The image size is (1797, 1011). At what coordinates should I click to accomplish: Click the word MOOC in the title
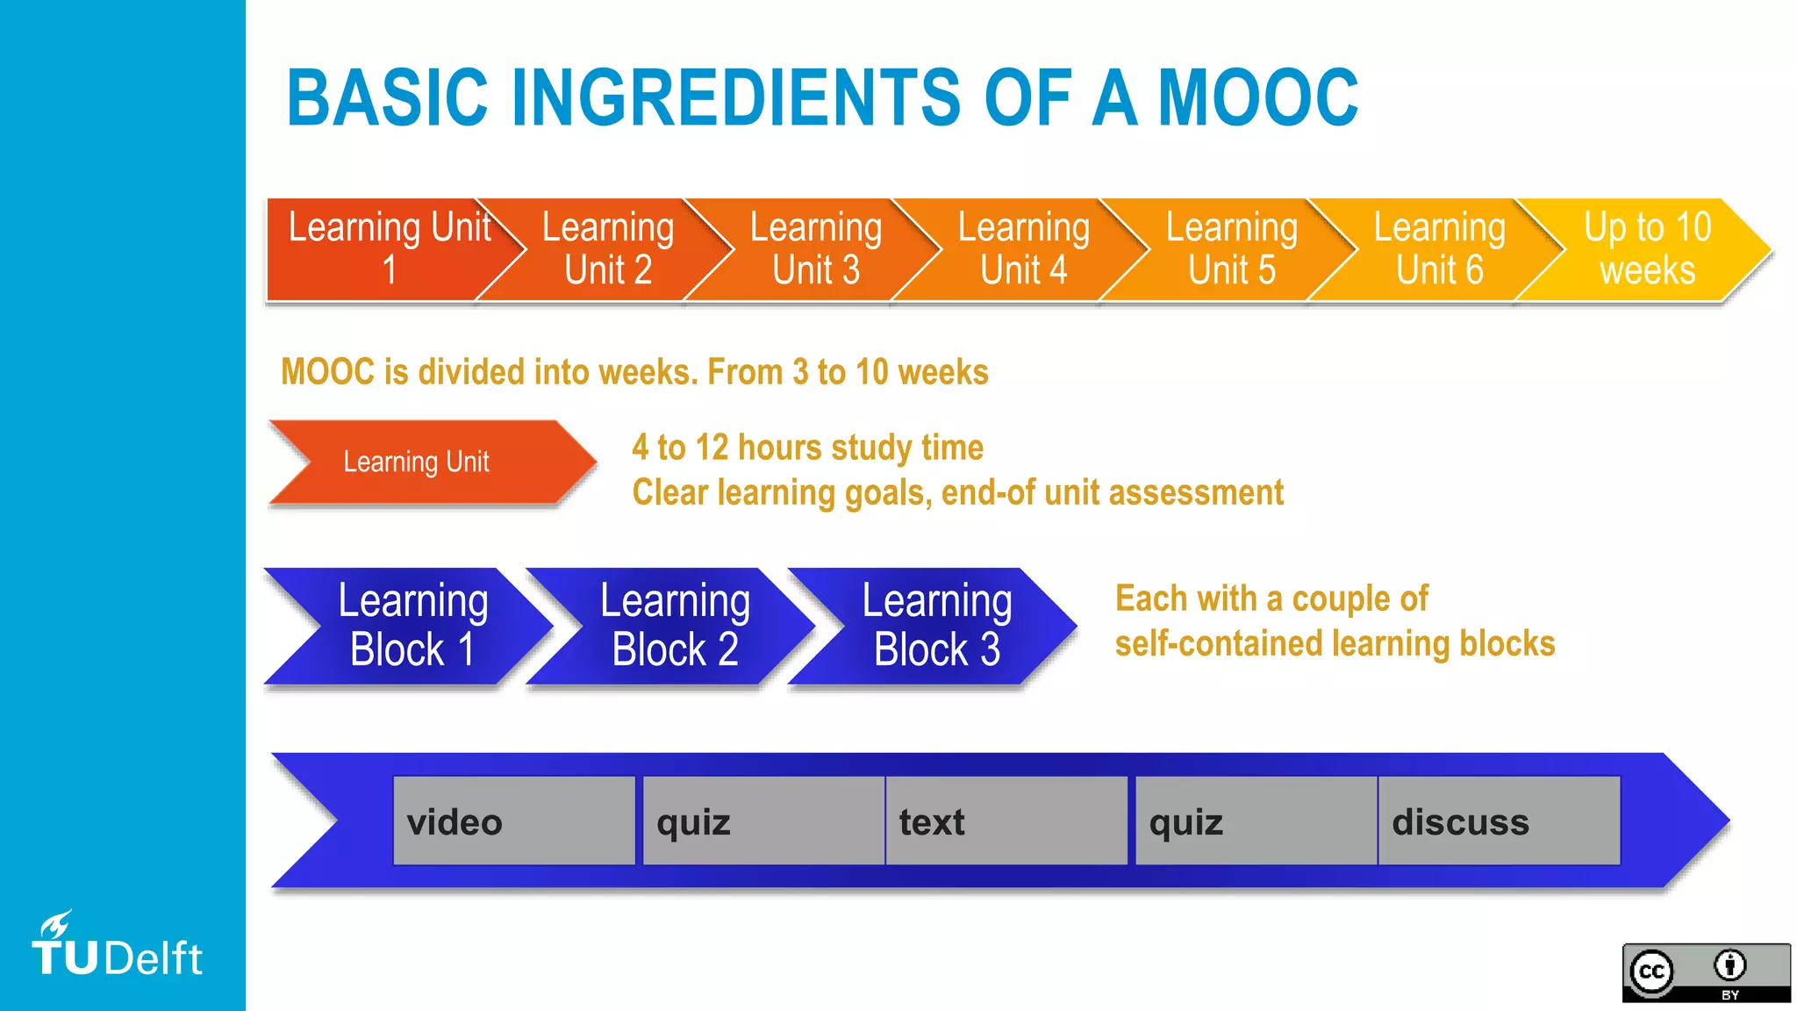1257,97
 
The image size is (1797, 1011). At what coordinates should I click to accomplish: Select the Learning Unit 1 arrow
386,249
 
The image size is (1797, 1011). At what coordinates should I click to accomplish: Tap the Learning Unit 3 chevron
815,249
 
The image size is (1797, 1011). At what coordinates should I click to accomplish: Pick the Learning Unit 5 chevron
1231,249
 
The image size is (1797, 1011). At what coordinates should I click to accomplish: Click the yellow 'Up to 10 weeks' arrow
1648,249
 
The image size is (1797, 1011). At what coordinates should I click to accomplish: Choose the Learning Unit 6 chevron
1439,249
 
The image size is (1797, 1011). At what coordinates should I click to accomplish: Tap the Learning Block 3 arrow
935,626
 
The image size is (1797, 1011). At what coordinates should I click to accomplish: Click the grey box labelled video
514,821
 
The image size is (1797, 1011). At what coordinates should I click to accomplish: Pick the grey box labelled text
1006,821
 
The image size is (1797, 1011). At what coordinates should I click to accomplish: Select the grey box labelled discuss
1499,821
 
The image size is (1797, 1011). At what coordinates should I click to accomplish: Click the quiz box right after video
763,821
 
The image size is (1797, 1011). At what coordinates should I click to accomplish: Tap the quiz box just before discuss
1256,821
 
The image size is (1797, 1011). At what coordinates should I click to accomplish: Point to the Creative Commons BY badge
1706,972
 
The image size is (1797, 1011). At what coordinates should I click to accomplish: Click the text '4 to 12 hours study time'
807,448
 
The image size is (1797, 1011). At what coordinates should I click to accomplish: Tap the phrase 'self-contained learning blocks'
1335,644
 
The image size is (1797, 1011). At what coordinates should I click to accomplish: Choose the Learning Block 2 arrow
674,626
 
